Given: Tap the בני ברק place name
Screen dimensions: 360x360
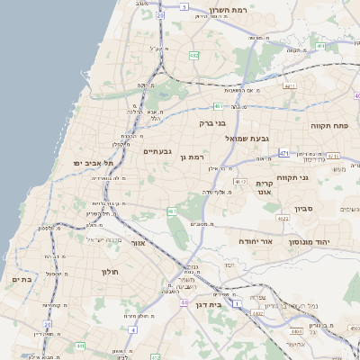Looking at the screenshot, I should [x=212, y=121].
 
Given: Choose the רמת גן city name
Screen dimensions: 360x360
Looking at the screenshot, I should [x=193, y=156].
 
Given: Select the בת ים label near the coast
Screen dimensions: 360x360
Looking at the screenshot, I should [x=21, y=280].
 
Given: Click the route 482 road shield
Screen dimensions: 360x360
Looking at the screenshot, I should [x=193, y=56].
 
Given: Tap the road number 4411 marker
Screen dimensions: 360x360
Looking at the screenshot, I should [x=289, y=85].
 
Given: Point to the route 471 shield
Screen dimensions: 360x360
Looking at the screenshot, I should [x=283, y=154].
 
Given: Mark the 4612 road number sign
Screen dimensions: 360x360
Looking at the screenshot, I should [x=240, y=182].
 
